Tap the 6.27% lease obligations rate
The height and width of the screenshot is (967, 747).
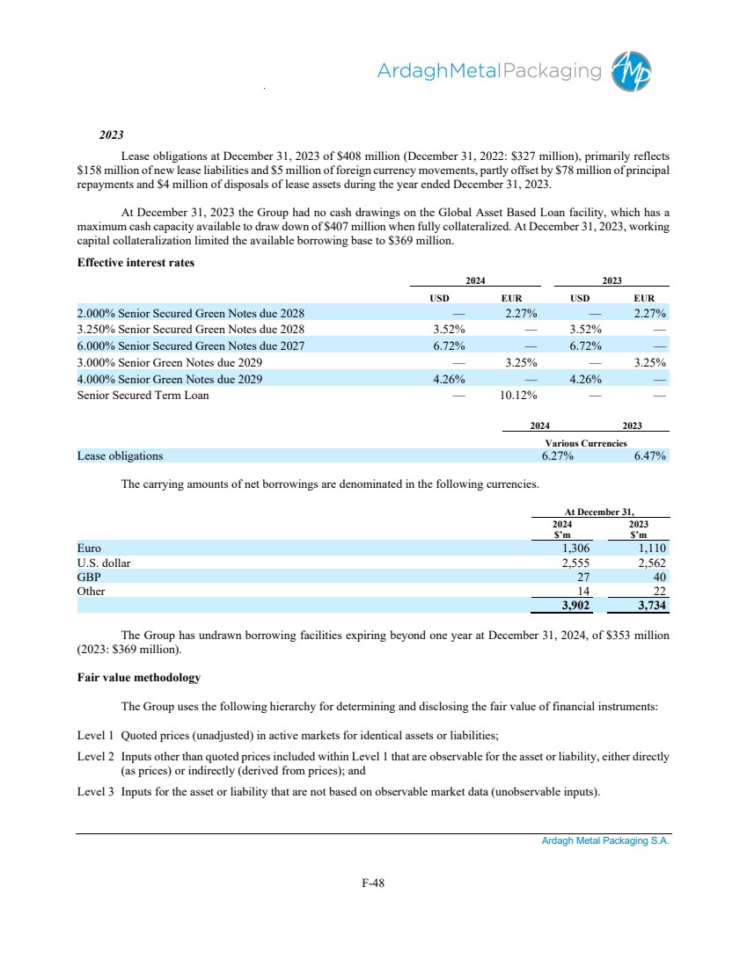coord(557,456)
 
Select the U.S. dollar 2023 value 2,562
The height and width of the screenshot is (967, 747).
coord(650,563)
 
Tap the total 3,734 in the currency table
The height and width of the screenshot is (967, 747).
coord(650,606)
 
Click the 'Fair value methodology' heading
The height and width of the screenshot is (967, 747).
coord(139,678)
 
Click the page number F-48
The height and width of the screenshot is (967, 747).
coord(373,884)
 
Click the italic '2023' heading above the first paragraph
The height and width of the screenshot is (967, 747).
coord(111,137)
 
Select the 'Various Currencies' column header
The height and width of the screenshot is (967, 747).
coord(585,443)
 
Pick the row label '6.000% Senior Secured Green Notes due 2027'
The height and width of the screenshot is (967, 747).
coord(191,345)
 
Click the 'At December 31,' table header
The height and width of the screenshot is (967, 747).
coord(601,511)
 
